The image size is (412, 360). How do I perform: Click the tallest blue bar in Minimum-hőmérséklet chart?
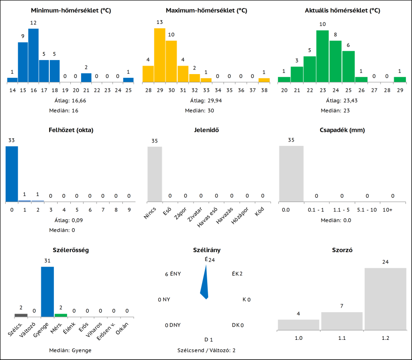click(x=33, y=55)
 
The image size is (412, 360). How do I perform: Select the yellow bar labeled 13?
click(x=160, y=55)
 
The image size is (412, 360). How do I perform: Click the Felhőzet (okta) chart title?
click(x=70, y=130)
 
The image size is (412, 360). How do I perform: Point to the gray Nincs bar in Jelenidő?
click(x=155, y=174)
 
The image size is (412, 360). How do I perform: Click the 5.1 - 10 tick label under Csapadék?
click(x=367, y=210)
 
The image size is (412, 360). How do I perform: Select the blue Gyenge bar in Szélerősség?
click(x=47, y=292)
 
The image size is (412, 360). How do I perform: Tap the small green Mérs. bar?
click(x=61, y=315)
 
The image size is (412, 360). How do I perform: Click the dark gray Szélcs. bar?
click(x=21, y=315)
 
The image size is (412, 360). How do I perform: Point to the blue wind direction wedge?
click(x=204, y=284)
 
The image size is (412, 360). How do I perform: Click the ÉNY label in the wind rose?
click(x=175, y=274)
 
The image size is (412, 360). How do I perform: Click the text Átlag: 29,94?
click(x=206, y=100)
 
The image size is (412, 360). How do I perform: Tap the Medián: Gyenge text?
click(x=70, y=350)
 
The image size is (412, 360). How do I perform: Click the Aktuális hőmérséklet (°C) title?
click(x=342, y=10)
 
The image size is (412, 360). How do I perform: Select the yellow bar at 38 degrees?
click(x=264, y=80)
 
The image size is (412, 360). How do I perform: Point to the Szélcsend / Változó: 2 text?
click(x=206, y=350)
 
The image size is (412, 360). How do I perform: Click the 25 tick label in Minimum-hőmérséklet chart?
click(x=128, y=90)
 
